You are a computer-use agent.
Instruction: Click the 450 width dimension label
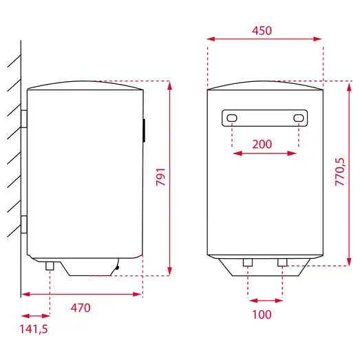click(262, 30)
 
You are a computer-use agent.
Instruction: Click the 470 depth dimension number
click(81, 308)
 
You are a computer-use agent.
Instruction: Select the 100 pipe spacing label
click(262, 315)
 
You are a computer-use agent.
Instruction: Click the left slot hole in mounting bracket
click(232, 118)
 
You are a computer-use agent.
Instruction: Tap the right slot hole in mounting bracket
click(298, 118)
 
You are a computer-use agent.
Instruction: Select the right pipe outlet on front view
click(282, 262)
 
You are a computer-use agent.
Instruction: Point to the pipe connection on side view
click(50, 266)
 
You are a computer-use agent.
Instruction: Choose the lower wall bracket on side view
click(24, 224)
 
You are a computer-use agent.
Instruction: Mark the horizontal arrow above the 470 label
click(81, 294)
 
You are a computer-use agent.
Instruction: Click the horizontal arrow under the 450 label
click(265, 41)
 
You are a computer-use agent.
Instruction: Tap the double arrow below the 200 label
click(265, 154)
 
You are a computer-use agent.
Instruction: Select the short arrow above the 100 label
click(265, 300)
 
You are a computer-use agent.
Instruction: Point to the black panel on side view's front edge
click(144, 130)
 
